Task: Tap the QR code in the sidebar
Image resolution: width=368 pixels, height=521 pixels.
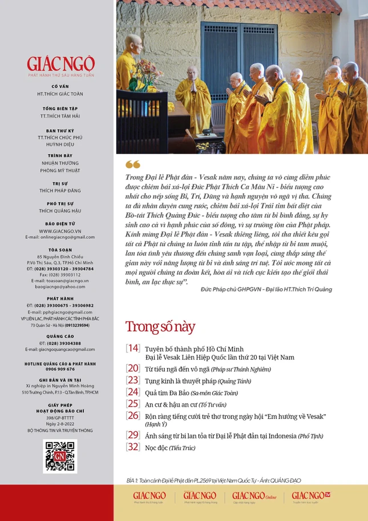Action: click(60, 456)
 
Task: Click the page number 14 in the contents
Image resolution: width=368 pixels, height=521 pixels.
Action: click(132, 348)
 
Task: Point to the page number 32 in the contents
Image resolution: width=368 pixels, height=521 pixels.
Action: click(132, 447)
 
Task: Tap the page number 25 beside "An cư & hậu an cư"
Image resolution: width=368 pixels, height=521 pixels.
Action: click(132, 403)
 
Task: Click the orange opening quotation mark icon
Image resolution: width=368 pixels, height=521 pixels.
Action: click(132, 165)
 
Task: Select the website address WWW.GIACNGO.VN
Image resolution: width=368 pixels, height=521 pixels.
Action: click(60, 231)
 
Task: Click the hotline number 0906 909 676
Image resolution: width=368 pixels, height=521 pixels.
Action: click(60, 369)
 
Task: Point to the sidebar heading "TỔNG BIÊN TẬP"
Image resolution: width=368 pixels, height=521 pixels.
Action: click(60, 108)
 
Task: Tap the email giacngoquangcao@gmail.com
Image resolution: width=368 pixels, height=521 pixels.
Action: click(60, 349)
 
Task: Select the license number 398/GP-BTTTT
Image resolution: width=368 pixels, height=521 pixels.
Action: click(60, 418)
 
